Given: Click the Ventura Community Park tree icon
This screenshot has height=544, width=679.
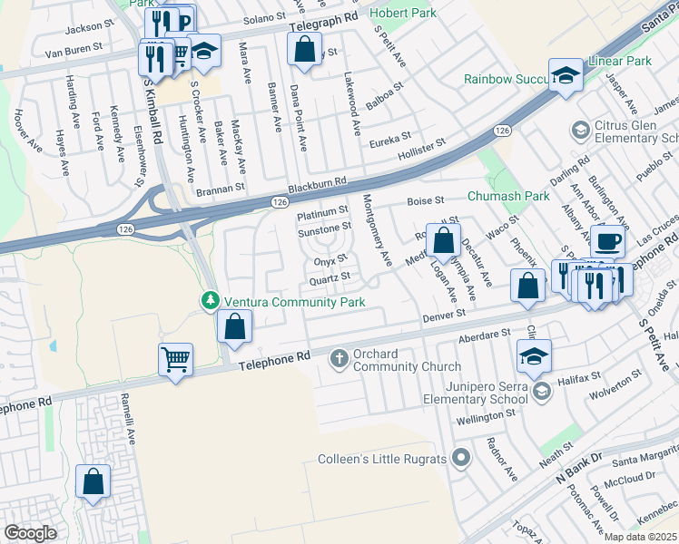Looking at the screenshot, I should (210, 300).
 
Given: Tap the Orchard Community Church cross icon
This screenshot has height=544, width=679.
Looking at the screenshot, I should (339, 359).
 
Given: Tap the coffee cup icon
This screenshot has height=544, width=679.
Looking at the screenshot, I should (607, 241).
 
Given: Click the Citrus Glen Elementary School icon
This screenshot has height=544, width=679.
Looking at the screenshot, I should (578, 131).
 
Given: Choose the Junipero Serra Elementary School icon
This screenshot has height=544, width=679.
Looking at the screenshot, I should (542, 391).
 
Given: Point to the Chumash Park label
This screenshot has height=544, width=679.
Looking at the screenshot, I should (508, 196).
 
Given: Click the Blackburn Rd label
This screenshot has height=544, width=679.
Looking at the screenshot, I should (321, 182).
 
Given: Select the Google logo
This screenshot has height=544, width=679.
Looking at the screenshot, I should (30, 533).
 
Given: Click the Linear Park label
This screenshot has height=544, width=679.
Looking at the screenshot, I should (627, 61).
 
